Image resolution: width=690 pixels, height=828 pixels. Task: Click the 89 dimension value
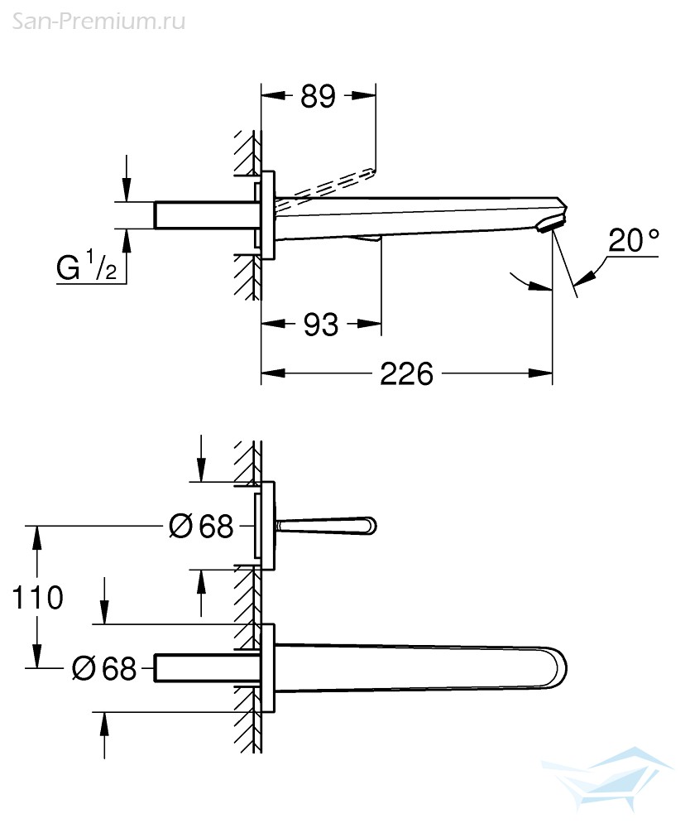click(x=318, y=96)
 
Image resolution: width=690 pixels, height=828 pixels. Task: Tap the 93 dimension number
click(x=321, y=325)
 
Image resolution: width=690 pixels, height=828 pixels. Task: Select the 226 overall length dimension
click(x=407, y=374)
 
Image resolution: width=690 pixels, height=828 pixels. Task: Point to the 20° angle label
click(x=634, y=240)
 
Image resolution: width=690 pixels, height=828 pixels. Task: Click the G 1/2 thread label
click(x=87, y=266)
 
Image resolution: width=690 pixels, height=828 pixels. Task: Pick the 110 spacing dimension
click(x=37, y=597)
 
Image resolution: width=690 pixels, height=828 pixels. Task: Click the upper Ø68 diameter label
click(x=201, y=527)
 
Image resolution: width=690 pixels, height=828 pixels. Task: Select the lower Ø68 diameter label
click(x=104, y=668)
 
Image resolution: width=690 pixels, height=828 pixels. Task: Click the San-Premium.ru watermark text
click(x=98, y=22)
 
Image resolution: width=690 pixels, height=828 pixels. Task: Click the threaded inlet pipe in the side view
click(x=206, y=215)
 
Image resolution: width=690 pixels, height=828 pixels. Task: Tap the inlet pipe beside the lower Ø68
click(x=206, y=668)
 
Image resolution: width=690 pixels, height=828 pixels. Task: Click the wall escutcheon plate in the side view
click(x=267, y=215)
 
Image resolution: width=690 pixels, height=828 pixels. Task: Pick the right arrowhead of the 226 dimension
click(x=540, y=374)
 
